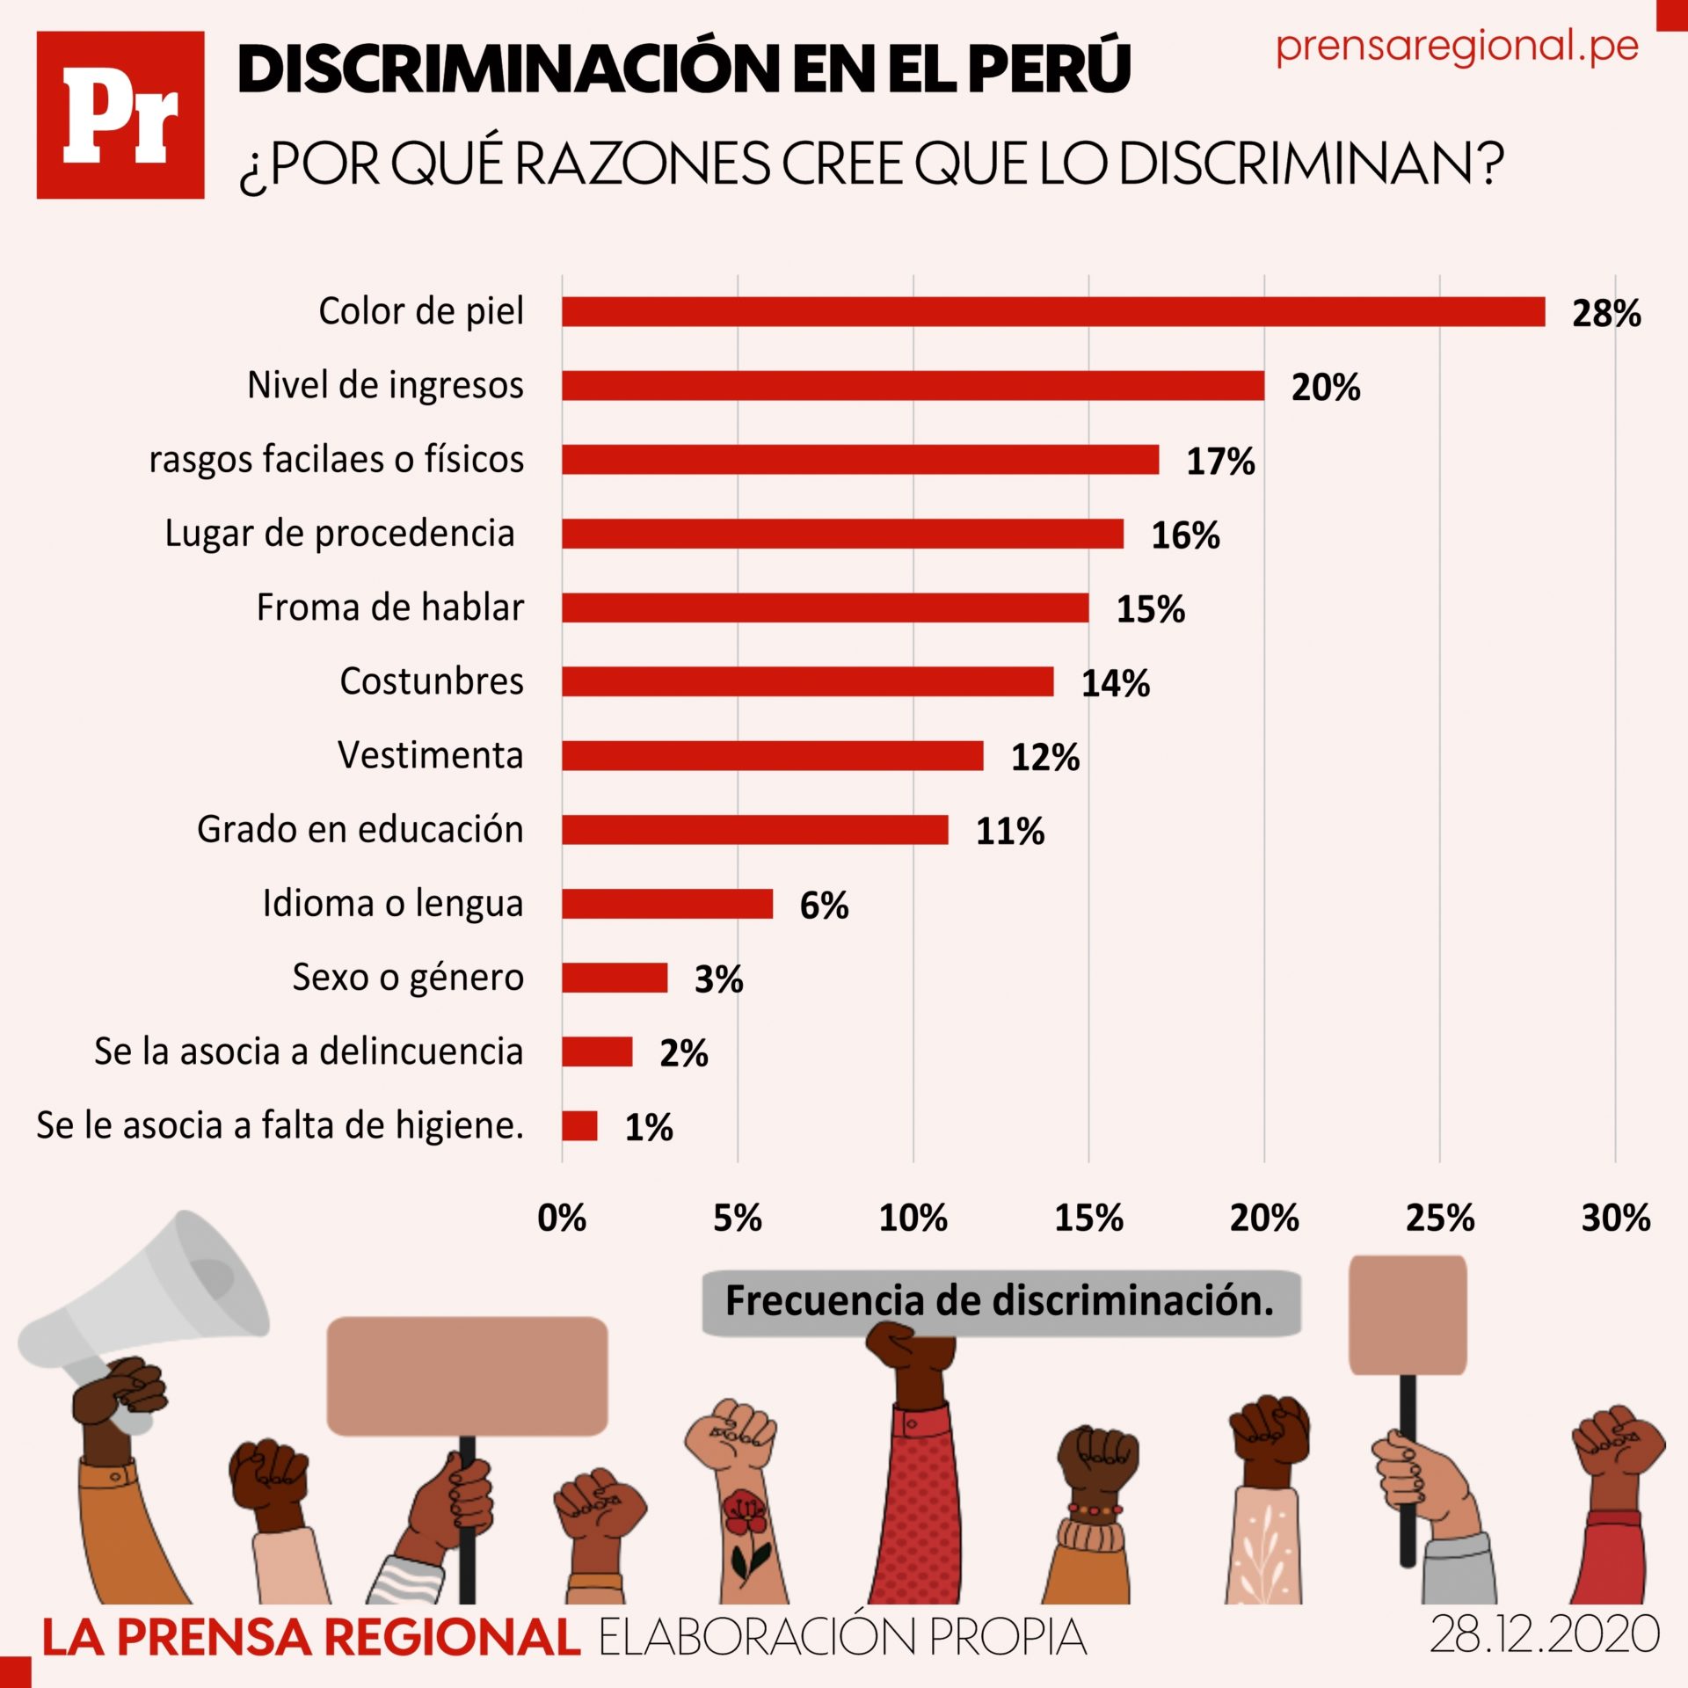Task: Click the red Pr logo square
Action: pos(120,115)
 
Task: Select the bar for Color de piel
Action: pos(1053,312)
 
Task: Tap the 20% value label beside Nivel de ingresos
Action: pos(1325,388)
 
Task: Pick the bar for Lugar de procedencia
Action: pos(842,534)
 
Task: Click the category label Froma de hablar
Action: pos(389,608)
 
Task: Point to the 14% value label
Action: pos(1115,684)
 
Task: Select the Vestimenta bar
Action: pos(772,756)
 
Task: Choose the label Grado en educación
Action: pos(360,830)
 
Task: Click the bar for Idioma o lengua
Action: pos(667,904)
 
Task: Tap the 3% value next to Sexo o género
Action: pos(718,979)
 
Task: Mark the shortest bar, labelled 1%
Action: pos(579,1126)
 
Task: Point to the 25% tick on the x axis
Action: pos(1439,1219)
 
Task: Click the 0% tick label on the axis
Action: pos(562,1219)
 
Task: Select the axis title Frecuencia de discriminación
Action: pos(1000,1301)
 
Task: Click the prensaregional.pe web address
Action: pos(1457,47)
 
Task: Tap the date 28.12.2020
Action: pos(1545,1635)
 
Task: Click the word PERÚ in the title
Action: pos(1049,68)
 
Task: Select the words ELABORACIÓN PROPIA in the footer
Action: pos(842,1637)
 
